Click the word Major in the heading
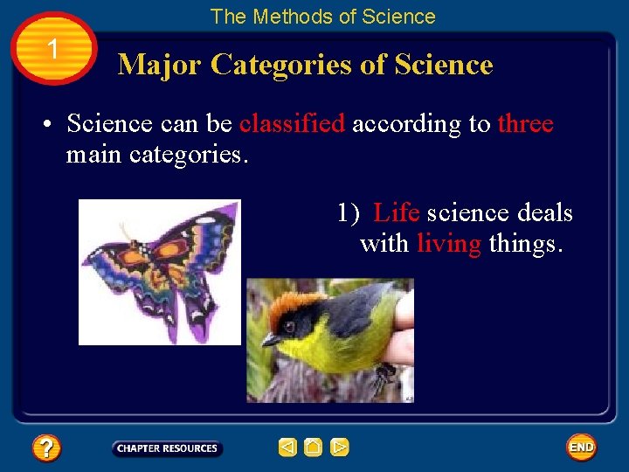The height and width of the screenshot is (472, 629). [160, 65]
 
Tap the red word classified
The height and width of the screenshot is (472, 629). [292, 124]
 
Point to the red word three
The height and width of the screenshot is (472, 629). [525, 124]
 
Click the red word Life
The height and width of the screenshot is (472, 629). [396, 213]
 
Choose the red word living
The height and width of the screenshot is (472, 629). [448, 244]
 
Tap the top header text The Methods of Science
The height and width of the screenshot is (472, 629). [322, 17]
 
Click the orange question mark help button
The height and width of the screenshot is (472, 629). [46, 448]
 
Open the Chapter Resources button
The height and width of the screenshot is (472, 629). [167, 448]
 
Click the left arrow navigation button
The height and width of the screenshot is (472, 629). [287, 448]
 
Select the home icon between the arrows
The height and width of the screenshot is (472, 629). [314, 448]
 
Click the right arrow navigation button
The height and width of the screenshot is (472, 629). [340, 448]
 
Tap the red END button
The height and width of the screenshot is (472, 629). [581, 448]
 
